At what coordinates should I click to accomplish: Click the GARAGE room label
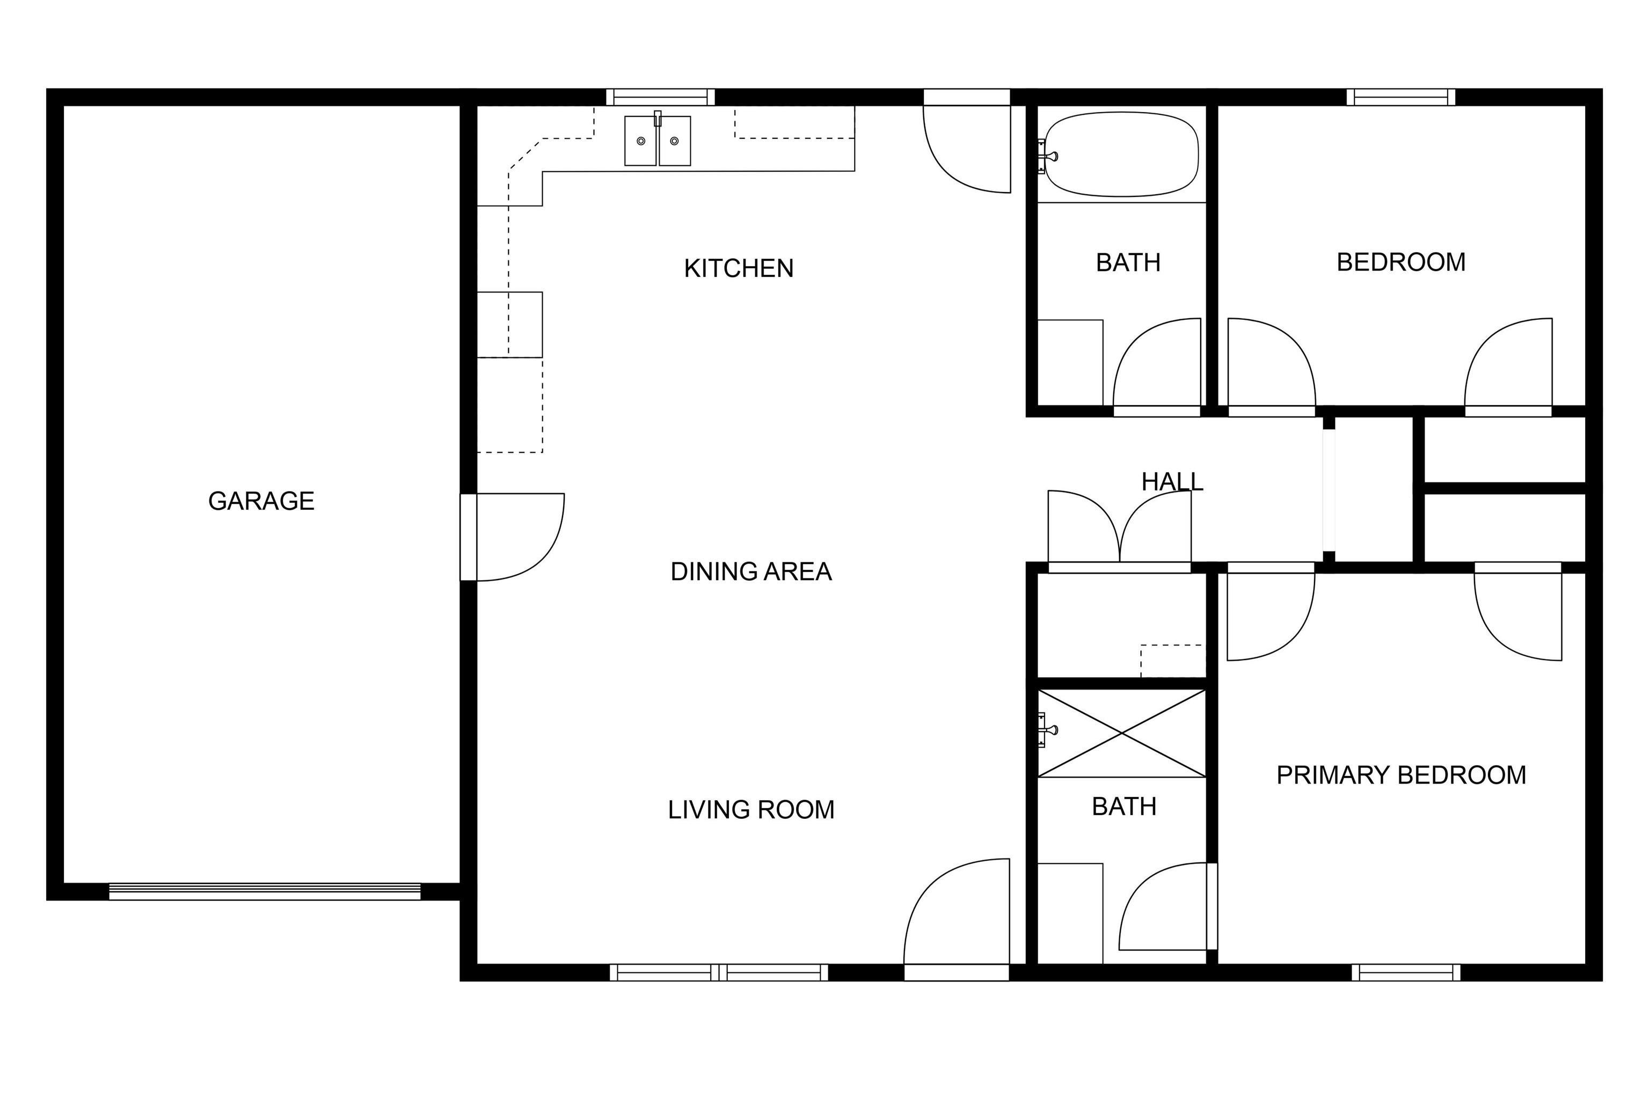click(261, 501)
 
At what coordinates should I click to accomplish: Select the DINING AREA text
click(751, 572)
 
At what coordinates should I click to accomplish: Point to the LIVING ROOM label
click(751, 810)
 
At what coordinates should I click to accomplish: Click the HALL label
click(1172, 481)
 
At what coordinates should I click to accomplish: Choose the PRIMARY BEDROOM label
click(1401, 775)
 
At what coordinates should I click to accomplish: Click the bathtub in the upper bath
click(1122, 154)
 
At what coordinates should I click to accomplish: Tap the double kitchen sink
click(658, 141)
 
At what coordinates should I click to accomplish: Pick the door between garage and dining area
click(515, 536)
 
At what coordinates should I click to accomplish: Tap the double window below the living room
click(719, 973)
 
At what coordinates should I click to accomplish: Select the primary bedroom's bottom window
click(1406, 973)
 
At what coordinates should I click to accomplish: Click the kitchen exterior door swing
click(967, 147)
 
